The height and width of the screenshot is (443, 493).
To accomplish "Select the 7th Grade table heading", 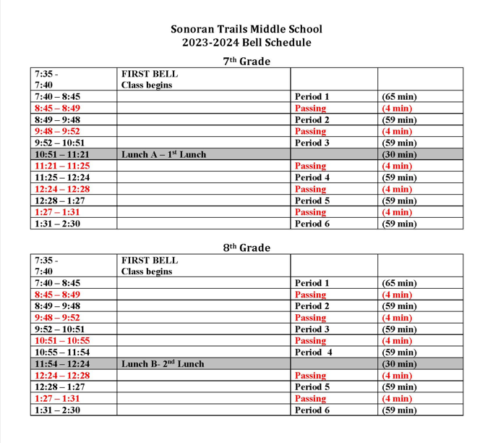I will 246,62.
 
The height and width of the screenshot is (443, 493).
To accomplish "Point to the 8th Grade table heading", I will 246,248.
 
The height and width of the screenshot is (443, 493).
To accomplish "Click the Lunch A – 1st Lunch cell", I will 163,154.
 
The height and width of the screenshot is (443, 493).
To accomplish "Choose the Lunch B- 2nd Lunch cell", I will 163,363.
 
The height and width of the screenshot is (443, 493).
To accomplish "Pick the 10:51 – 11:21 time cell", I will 61,154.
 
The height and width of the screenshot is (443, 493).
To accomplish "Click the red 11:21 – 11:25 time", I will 61,166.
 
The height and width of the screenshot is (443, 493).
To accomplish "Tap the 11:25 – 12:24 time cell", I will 61,177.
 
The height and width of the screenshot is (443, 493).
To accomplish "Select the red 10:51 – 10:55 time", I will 61,340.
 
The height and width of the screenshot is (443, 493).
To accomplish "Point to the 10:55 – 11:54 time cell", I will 61,352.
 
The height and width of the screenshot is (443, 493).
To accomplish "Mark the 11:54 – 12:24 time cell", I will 61,363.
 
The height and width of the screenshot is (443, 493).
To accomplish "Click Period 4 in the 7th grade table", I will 312,177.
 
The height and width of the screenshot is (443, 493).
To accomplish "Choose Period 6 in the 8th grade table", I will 312,410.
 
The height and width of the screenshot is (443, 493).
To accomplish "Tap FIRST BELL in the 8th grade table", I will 150,260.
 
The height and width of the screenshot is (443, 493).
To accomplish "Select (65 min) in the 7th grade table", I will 399,96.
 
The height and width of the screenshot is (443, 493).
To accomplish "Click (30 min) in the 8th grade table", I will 399,363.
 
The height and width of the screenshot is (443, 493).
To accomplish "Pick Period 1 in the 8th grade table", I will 312,283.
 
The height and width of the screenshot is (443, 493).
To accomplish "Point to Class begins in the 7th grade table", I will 147,85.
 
